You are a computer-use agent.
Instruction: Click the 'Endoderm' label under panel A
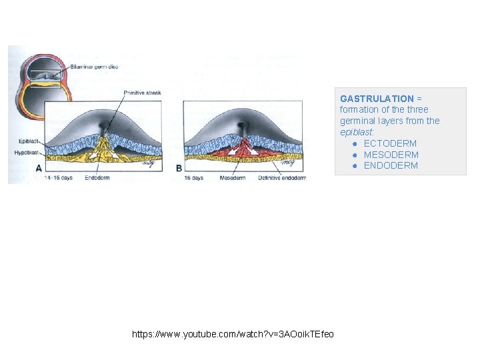pos(97,178)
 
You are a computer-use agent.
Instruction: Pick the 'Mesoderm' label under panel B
pos(232,178)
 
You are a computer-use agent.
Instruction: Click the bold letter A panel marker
pos(39,168)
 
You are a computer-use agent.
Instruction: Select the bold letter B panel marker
pos(179,168)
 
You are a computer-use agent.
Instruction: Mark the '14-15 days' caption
pos(58,178)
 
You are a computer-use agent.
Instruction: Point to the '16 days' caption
pos(193,178)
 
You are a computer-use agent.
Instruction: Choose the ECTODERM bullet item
pos(390,143)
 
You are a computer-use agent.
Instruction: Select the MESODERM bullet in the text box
pos(391,155)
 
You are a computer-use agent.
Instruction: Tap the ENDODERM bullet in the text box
pos(391,165)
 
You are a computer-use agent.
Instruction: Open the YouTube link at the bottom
pos(233,333)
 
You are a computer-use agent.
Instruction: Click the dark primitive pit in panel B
pos(241,125)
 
